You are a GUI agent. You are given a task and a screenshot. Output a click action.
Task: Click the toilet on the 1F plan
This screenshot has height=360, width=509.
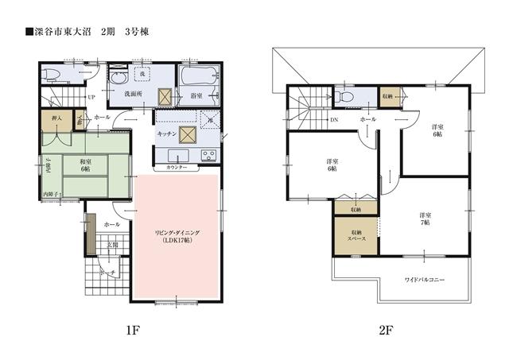pyautogui.click(x=52, y=75)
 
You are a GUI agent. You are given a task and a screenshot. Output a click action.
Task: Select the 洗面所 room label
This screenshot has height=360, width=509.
pyautogui.click(x=132, y=93)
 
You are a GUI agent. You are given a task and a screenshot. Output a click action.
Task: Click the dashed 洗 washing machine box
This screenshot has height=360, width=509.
pyautogui.click(x=143, y=73)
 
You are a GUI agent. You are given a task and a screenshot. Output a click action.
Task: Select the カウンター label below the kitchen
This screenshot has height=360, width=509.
pyautogui.click(x=177, y=168)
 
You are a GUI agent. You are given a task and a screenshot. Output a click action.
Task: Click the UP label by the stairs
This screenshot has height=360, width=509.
pyautogui.click(x=92, y=98)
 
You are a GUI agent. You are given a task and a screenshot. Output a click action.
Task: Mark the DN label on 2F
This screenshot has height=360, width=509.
pyautogui.click(x=334, y=119)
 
